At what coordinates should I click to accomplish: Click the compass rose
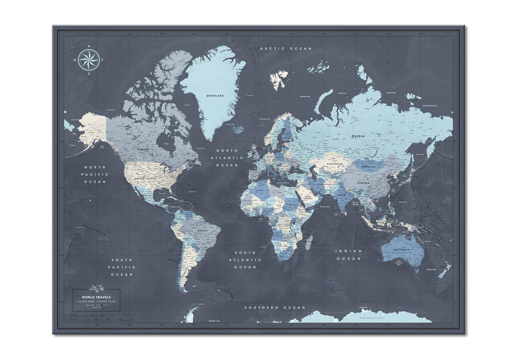(89, 60)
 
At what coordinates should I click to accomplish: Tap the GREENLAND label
(215, 96)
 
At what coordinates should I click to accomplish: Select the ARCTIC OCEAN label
(286, 49)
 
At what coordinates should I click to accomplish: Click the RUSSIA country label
(358, 136)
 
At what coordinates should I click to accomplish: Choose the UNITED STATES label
(145, 178)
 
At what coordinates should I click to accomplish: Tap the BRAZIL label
(202, 230)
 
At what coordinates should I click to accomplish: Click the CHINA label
(363, 183)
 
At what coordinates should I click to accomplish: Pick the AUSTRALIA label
(402, 249)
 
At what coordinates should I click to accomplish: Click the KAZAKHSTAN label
(335, 164)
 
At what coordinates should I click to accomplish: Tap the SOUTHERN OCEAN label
(275, 308)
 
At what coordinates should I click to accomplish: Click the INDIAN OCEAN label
(349, 255)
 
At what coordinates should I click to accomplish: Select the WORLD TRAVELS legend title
(96, 297)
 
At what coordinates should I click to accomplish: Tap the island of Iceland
(237, 129)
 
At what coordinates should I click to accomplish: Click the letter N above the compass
(89, 46)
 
